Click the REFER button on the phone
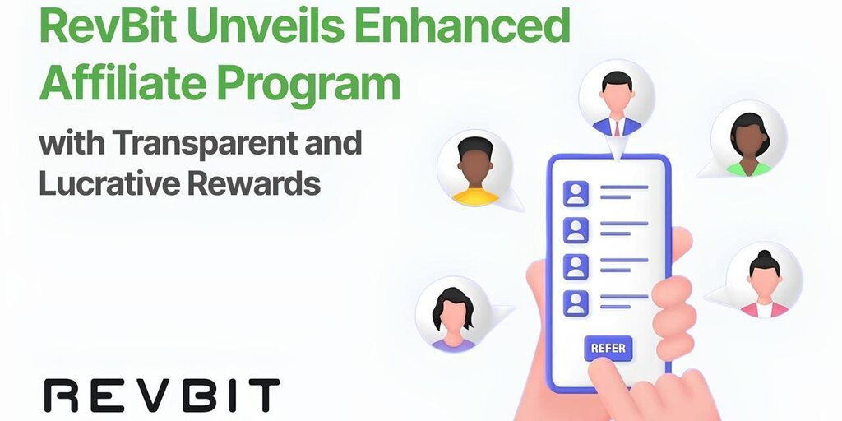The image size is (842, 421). tap(608, 348)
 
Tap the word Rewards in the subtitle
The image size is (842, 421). tap(254, 183)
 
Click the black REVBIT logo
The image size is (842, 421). tap(162, 396)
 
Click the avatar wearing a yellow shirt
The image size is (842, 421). tap(475, 168)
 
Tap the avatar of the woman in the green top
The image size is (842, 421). tap(748, 138)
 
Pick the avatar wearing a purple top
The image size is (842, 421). tap(453, 315)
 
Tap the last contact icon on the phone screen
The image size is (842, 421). tap(576, 303)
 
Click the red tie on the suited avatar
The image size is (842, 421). tap(617, 127)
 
